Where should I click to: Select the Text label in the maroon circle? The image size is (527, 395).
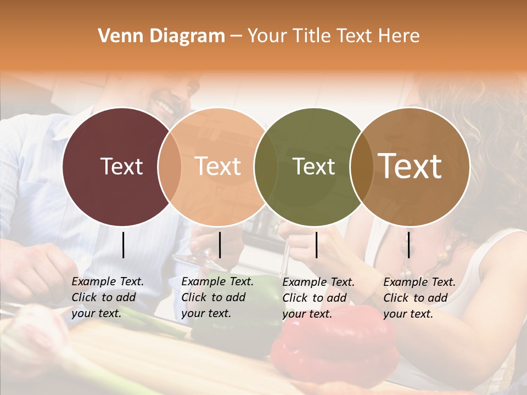(121, 166)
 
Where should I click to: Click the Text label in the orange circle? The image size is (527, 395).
(218, 166)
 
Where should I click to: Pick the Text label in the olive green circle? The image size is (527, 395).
(314, 166)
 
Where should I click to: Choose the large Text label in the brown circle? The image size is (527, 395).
(410, 166)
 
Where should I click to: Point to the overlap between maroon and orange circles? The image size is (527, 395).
(170, 167)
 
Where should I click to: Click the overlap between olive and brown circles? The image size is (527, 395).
(362, 167)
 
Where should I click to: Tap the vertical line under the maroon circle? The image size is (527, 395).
(123, 245)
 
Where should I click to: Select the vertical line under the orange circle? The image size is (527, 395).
(220, 245)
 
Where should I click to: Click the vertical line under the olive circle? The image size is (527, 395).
(316, 245)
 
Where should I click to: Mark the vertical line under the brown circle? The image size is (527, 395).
(408, 245)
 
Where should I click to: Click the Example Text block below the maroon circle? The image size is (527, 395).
(107, 297)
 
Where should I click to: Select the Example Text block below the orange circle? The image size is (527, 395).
(217, 297)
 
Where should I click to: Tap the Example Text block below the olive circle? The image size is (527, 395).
(318, 297)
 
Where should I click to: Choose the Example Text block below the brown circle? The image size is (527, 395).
(419, 297)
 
